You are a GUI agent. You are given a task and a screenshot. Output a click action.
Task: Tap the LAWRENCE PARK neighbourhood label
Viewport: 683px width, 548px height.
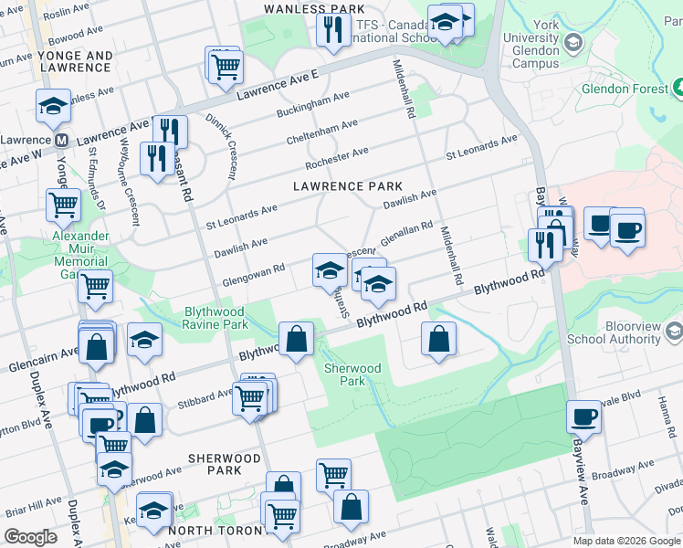tap(347, 186)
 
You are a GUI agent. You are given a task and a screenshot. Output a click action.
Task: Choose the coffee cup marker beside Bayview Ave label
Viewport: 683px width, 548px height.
tap(583, 416)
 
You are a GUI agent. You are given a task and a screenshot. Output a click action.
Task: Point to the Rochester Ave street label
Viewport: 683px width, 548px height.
tap(336, 155)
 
